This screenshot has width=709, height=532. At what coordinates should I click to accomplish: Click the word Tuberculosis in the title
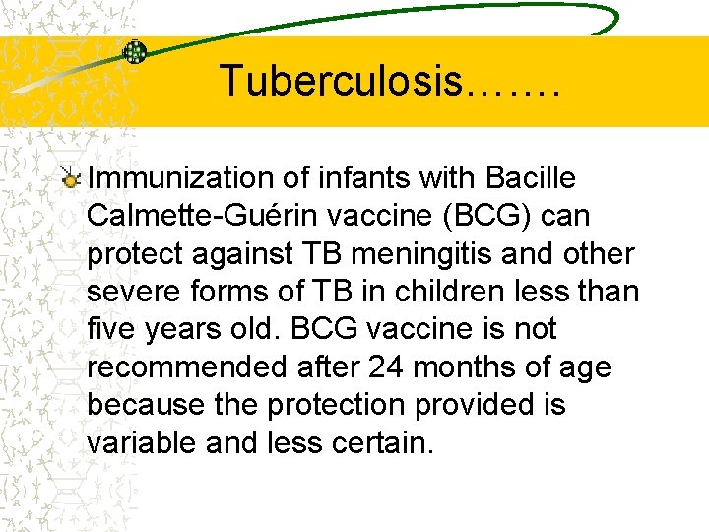pos(340,81)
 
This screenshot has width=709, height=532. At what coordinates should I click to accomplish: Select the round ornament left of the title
pos(134,52)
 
